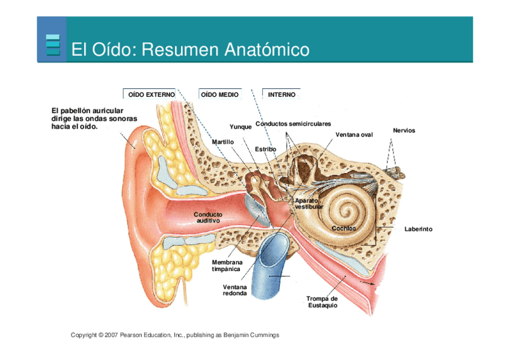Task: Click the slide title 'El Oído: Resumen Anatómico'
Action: coord(190,49)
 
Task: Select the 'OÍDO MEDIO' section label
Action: coord(220,95)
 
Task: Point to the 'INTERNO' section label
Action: coord(281,95)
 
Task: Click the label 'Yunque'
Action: coord(241,127)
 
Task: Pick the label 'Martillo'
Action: coord(223,141)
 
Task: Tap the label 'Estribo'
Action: coord(265,148)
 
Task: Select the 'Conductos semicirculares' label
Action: coord(293,124)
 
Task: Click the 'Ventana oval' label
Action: coord(354,134)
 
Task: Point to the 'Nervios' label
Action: coord(404,130)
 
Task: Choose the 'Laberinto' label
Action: coord(418,229)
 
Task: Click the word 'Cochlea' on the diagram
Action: coord(344,228)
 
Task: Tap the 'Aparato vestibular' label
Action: coord(309,203)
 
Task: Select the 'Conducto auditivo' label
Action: coord(208,217)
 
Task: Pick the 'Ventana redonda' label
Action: coord(235,290)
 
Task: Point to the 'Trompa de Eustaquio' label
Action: coord(322,302)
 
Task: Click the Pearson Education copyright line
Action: coord(175,335)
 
